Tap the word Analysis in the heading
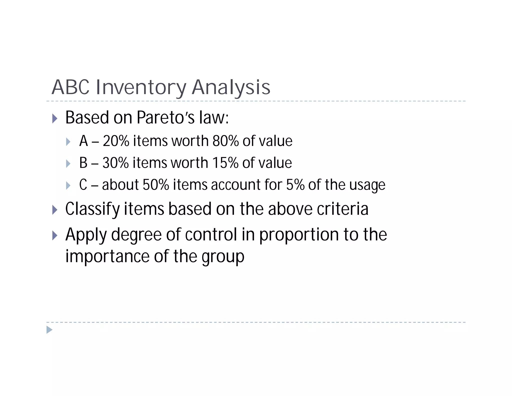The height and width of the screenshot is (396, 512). [x=231, y=87]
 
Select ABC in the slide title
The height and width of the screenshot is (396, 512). [x=70, y=87]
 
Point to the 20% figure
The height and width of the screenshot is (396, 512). [x=116, y=141]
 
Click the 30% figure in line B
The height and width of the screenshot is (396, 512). [x=115, y=163]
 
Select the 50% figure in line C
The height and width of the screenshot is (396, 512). [x=156, y=185]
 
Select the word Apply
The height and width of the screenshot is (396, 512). [x=86, y=235]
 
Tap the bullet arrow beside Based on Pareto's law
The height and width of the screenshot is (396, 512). [x=55, y=118]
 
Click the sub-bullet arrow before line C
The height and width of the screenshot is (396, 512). [x=68, y=185]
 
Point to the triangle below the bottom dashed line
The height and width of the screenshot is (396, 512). [x=49, y=330]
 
